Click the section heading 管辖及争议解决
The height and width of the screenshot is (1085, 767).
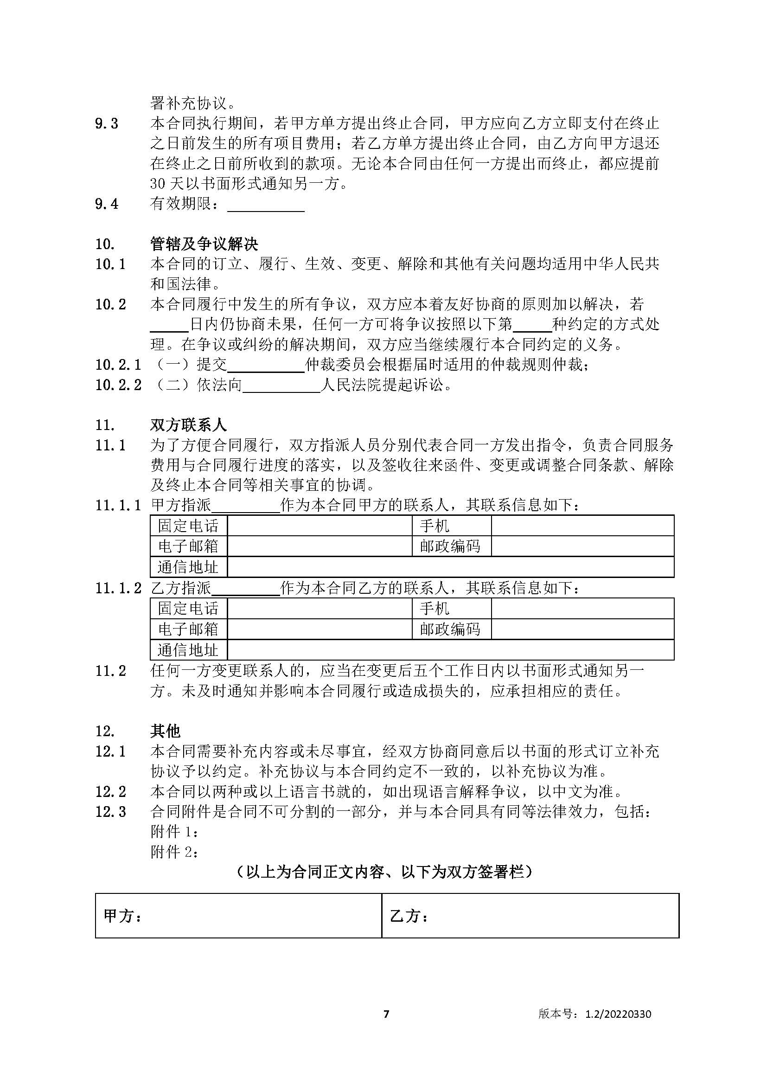(x=204, y=244)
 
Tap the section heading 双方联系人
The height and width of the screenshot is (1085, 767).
(x=188, y=425)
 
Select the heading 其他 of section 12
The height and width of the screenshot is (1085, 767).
(x=165, y=731)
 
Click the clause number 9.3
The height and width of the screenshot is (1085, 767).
(x=107, y=124)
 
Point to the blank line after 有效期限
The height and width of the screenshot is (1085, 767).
(x=266, y=205)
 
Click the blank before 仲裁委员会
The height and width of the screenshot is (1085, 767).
(x=266, y=365)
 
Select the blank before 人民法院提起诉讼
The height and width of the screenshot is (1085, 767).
(x=281, y=385)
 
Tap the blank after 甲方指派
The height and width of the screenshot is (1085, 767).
(x=246, y=506)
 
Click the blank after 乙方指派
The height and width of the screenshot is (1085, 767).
(x=246, y=588)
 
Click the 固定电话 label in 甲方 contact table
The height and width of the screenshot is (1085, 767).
(x=188, y=526)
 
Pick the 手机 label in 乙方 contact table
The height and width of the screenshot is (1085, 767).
(x=435, y=609)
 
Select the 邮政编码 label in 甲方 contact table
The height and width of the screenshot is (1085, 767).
(x=450, y=546)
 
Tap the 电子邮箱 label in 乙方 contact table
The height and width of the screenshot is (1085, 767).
(x=188, y=629)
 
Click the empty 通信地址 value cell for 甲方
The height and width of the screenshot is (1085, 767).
(x=450, y=567)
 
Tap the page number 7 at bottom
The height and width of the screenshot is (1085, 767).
(x=386, y=1014)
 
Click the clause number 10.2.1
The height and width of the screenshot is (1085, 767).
(x=118, y=365)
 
